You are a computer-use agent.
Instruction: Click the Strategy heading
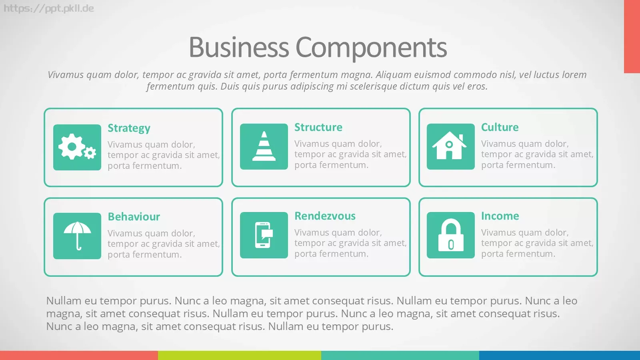point(129,128)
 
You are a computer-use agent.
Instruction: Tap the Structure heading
point(318,127)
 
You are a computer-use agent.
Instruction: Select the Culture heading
point(500,127)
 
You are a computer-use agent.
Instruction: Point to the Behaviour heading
point(134,216)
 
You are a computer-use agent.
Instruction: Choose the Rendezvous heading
point(325,216)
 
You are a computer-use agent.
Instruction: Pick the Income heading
point(500,216)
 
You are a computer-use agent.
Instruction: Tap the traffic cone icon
point(264,146)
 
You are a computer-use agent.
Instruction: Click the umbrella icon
point(77,236)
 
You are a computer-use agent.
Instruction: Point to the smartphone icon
point(264,235)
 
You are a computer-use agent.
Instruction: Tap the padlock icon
point(450,235)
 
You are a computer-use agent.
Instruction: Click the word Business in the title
point(239,47)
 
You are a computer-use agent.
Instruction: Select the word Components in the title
point(371,48)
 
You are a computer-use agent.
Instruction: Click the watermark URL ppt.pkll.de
point(48,8)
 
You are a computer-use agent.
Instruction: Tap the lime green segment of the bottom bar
point(240,356)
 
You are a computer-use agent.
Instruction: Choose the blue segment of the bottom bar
point(560,356)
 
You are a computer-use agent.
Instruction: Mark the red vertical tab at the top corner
point(632,36)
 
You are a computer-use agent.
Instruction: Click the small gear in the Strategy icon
point(90,153)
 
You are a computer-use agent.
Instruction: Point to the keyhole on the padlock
point(451,245)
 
